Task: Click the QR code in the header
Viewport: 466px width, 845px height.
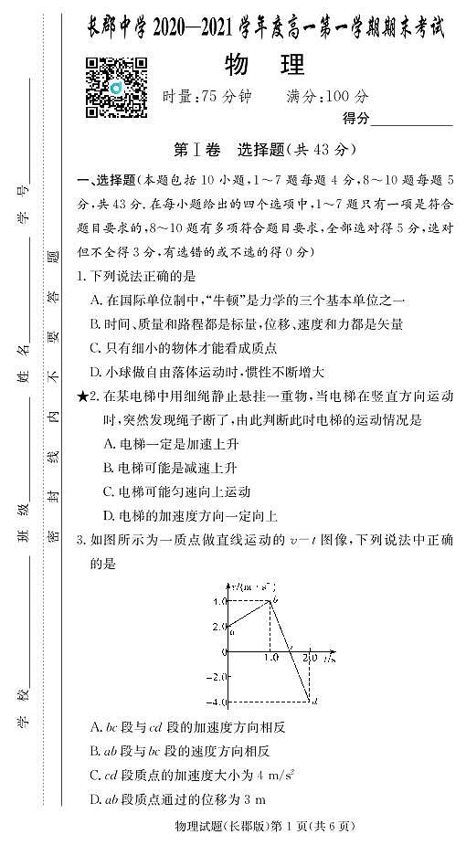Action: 116,87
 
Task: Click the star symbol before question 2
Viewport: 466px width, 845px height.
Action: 83,396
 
